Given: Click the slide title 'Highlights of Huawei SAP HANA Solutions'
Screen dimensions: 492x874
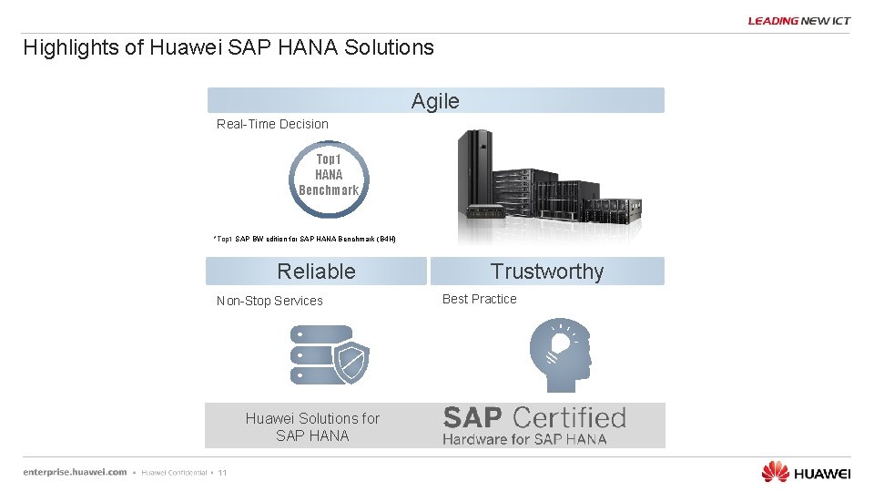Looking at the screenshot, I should tap(229, 47).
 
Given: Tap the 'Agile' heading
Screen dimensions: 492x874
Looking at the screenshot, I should tap(435, 101).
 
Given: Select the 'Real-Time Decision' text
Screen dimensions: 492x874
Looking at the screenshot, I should tap(272, 124).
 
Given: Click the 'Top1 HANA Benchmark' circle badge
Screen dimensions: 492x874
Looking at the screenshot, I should tap(329, 175).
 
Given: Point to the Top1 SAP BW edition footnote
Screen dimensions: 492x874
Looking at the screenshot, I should tap(304, 239).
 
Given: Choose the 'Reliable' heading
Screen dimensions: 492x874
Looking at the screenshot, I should tap(316, 272).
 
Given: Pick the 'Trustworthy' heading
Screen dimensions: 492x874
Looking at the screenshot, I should tap(546, 272).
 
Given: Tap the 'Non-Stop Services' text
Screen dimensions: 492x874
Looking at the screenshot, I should tap(269, 301).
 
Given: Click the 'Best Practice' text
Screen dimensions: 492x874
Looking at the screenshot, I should tap(479, 299).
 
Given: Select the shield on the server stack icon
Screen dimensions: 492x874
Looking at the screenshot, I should tap(351, 363).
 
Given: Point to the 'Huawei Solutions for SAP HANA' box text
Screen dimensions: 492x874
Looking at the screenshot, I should tap(312, 426).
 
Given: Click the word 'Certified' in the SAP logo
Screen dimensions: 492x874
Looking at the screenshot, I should tap(568, 418).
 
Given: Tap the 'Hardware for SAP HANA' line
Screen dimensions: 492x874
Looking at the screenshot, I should tap(524, 439).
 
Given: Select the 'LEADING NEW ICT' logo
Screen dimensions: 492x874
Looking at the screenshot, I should tap(799, 21).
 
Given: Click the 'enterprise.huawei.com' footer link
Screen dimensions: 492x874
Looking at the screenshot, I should tap(76, 472).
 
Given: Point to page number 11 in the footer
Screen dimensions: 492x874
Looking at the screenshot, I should tap(222, 473).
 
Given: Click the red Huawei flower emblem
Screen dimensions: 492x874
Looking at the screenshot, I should tap(775, 471).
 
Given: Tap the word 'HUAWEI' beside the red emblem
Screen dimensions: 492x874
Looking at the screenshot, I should tap(822, 473).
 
